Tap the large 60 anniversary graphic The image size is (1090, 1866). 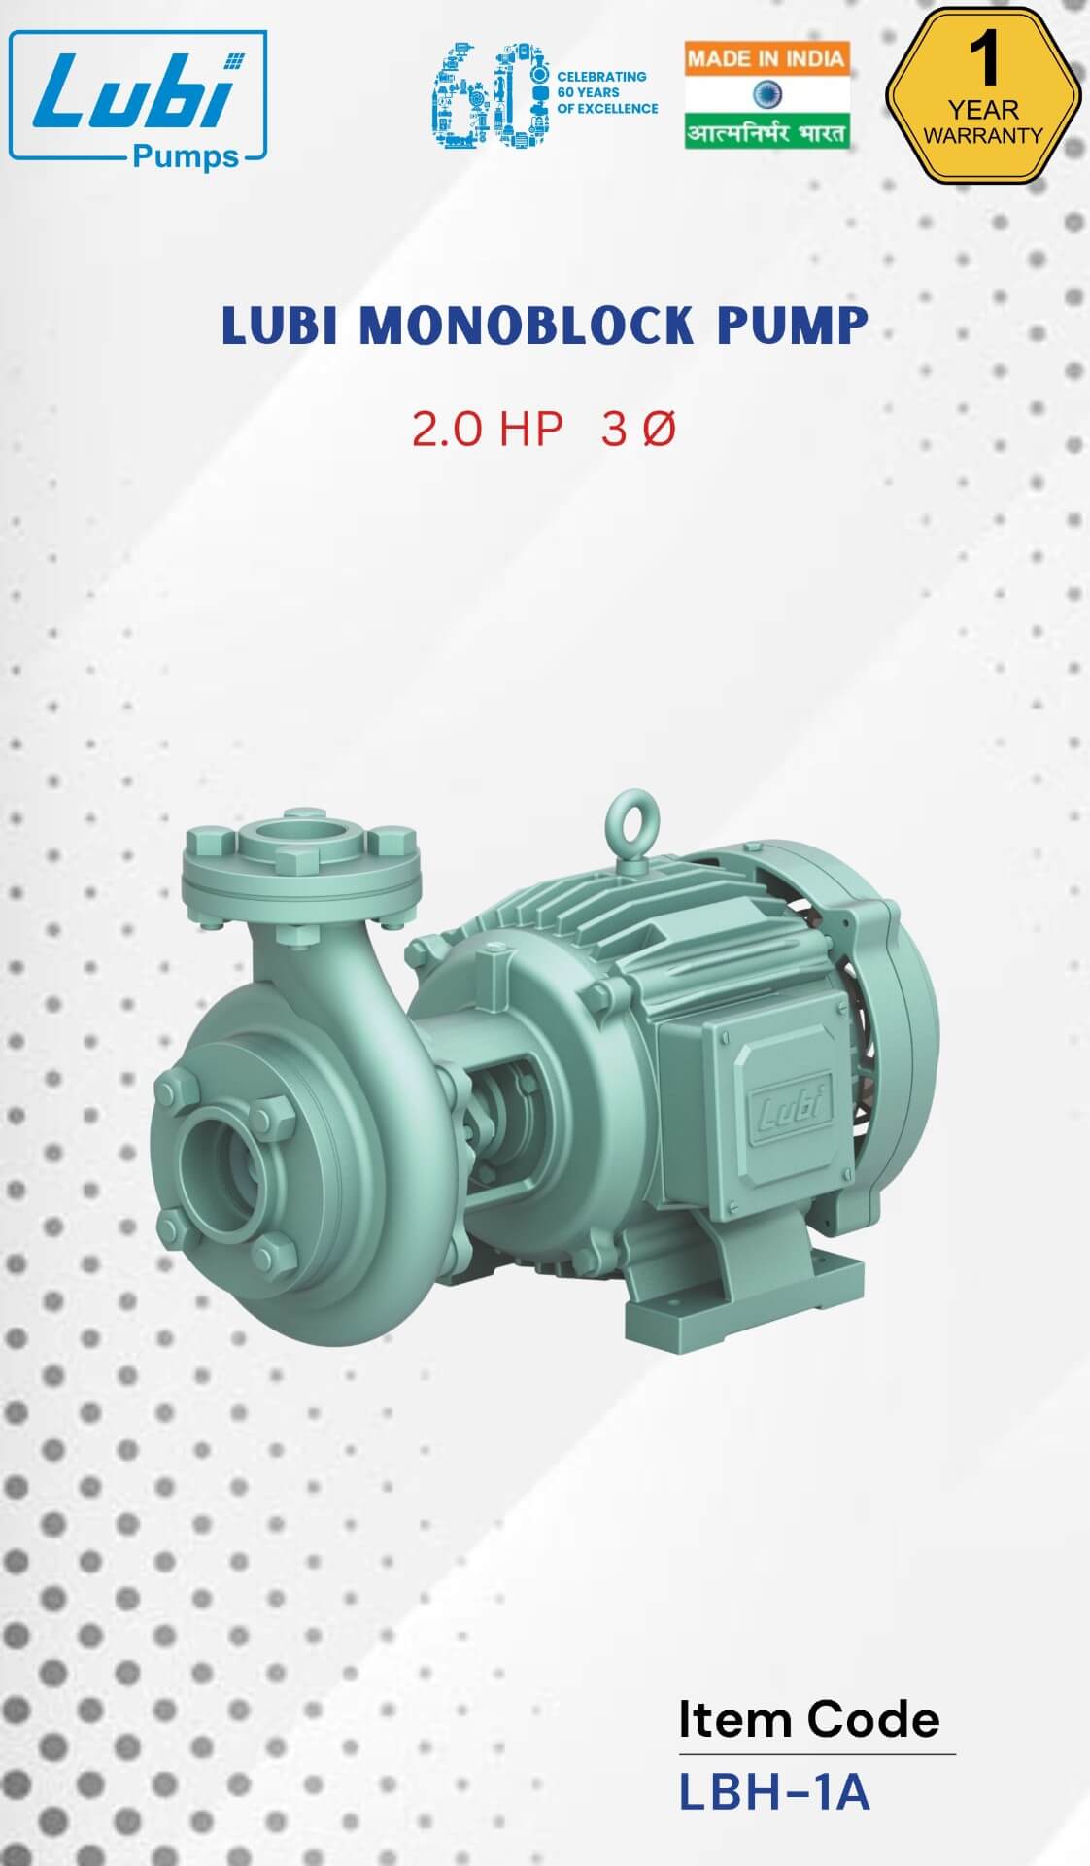pyautogui.click(x=488, y=95)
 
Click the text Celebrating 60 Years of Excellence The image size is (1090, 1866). pyautogui.click(x=606, y=92)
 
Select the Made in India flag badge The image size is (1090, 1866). pyautogui.click(x=766, y=94)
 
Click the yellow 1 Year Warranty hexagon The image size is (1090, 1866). pyautogui.click(x=982, y=97)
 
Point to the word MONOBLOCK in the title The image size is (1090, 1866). pyautogui.click(x=527, y=326)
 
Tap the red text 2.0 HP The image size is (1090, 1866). pyautogui.click(x=487, y=430)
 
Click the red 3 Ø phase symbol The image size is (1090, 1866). pyautogui.click(x=637, y=430)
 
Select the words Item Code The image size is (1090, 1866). pyautogui.click(x=808, y=1719)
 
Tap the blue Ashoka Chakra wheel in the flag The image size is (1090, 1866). pyautogui.click(x=766, y=95)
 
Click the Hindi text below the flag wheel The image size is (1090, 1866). pyautogui.click(x=766, y=132)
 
